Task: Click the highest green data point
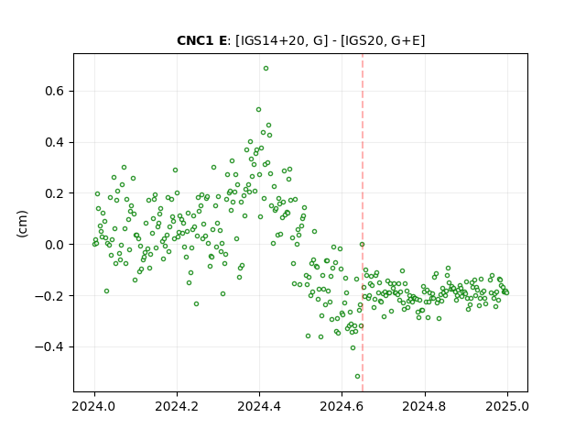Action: coord(266,69)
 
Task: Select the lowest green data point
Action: coord(357,377)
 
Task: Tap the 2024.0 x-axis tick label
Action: coord(94,406)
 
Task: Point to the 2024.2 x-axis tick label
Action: coord(177,406)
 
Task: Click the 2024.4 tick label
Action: coord(259,406)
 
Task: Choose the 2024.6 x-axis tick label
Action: coord(342,406)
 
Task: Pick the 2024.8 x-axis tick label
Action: coord(424,406)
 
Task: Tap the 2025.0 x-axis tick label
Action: coord(507,406)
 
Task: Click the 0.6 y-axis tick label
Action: coord(55,92)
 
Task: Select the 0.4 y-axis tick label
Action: coord(55,143)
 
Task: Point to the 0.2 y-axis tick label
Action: coord(55,193)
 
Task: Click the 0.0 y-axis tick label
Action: coord(55,245)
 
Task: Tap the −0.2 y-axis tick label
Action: coord(50,296)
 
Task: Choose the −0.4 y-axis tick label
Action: coord(50,347)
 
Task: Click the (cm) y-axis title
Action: coord(22,224)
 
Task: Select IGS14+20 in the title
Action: coord(269,40)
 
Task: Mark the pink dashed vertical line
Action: coord(363,223)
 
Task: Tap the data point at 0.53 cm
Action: coord(258,110)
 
